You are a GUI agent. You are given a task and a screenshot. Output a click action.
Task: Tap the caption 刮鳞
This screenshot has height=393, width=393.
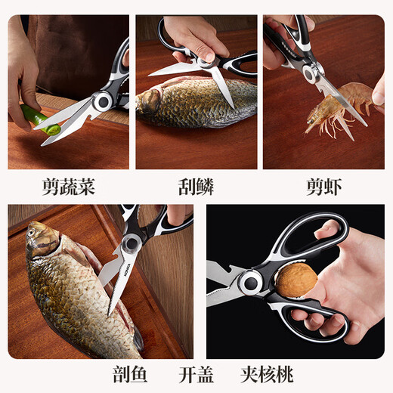tap(196, 187)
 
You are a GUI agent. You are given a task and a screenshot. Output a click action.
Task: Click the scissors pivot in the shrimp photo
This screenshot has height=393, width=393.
tap(309, 73)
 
